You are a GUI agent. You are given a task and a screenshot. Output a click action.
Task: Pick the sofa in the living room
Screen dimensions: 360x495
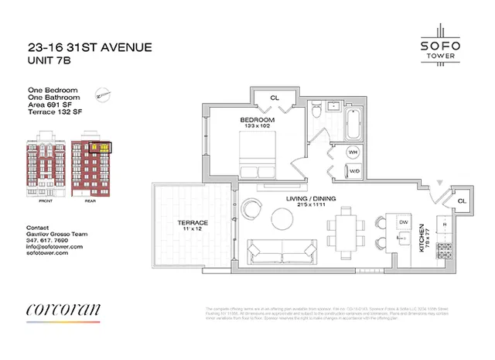[282, 252]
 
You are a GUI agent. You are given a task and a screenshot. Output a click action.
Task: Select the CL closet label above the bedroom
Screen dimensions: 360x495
[275, 98]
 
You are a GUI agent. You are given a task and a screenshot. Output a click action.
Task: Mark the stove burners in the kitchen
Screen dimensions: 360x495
[445, 250]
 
